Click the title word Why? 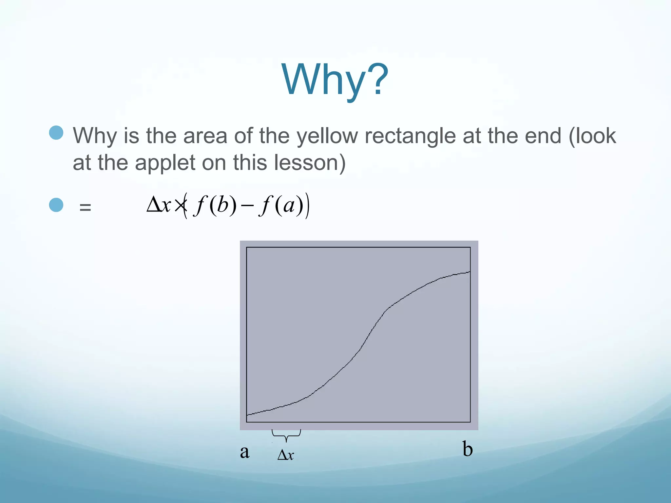tap(335, 80)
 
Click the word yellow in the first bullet tap(327, 136)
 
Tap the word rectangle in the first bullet tap(410, 136)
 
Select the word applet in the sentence tap(165, 163)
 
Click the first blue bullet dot tap(56, 133)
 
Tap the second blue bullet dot tap(56, 205)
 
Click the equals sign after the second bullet tap(85, 207)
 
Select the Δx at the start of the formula tap(159, 205)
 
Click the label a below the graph tap(244, 452)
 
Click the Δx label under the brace tap(286, 455)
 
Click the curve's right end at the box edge tap(470, 272)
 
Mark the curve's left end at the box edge tap(247, 415)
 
